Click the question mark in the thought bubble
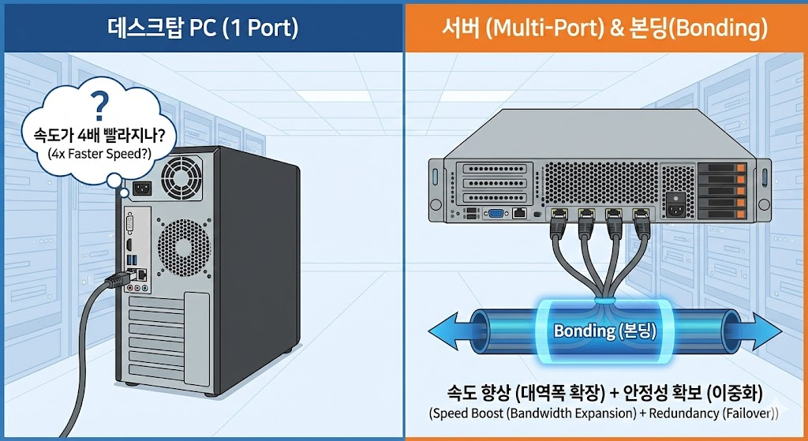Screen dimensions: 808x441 (x=99, y=103)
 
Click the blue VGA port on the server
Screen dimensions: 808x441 (x=496, y=214)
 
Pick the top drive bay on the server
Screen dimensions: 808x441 (x=720, y=168)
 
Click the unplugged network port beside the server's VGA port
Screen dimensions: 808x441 (x=519, y=213)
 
